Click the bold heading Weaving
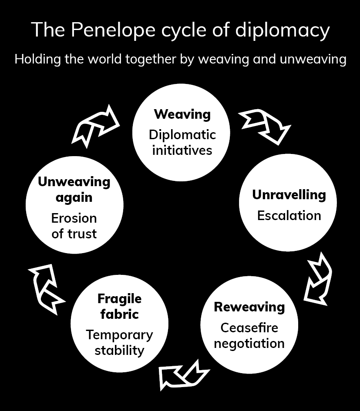(182, 114)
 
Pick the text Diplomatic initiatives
(182, 142)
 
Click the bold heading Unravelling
(289, 194)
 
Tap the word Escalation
(289, 215)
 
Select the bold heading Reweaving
(249, 307)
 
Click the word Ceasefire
(249, 327)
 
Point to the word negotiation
(249, 343)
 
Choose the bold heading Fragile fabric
(119, 306)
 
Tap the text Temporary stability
(119, 342)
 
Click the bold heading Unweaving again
(74, 189)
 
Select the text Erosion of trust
(74, 226)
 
